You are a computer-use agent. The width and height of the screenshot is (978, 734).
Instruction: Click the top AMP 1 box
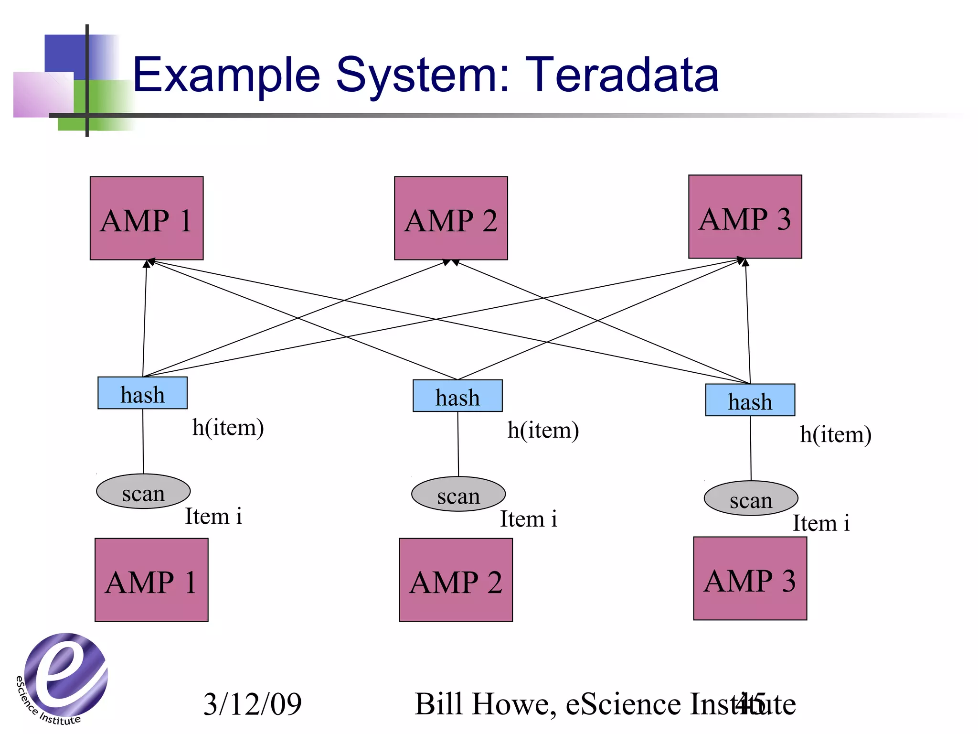147,218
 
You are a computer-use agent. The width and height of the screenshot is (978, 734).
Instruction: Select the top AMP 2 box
451,218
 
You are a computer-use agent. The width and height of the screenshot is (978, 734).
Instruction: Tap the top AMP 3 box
745,217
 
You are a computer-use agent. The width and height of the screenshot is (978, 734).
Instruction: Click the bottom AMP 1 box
151,580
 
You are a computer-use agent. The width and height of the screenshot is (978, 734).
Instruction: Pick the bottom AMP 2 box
456,580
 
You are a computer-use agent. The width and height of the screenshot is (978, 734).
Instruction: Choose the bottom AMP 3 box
750,579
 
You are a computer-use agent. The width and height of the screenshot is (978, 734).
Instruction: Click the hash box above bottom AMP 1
142,393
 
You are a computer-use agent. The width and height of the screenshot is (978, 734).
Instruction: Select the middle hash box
457,396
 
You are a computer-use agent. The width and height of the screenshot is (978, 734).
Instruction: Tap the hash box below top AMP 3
750,400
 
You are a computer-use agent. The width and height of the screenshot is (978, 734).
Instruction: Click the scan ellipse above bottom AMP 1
143,492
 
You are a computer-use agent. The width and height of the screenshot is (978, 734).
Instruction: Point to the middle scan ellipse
458,494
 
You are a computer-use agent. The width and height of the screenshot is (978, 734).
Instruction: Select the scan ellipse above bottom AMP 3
751,498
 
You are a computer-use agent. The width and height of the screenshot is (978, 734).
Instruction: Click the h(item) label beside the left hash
228,427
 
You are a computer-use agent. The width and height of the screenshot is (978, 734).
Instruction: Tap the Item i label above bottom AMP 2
528,519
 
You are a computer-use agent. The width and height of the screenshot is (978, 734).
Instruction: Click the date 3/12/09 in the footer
252,704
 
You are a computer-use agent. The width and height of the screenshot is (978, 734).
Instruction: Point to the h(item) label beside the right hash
835,435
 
